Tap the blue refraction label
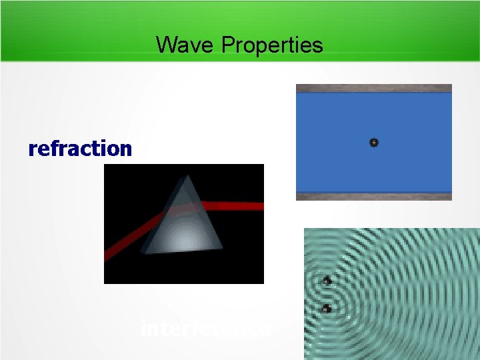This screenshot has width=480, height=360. pyautogui.click(x=80, y=148)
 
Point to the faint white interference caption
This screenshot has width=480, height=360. pyautogui.click(x=205, y=329)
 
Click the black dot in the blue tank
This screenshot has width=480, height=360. pyautogui.click(x=374, y=142)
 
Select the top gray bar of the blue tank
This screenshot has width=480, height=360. pyautogui.click(x=374, y=88)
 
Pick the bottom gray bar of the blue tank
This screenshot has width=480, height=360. pyautogui.click(x=374, y=196)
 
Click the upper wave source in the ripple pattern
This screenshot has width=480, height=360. pyautogui.click(x=327, y=281)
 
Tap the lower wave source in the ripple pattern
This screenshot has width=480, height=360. pyautogui.click(x=326, y=308)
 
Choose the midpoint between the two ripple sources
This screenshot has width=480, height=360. pyautogui.click(x=327, y=295)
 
